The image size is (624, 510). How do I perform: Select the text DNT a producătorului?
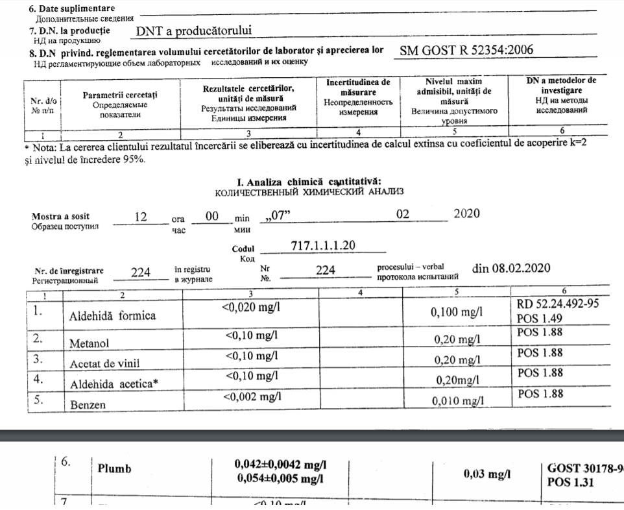[x=193, y=30]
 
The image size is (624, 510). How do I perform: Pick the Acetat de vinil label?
[x=104, y=363]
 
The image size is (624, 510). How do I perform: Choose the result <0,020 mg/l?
[x=251, y=307]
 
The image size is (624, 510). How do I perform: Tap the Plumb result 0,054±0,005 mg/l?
[x=280, y=480]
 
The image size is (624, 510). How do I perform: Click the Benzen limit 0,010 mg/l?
[x=458, y=402]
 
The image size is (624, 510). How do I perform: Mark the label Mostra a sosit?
[x=61, y=216]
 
